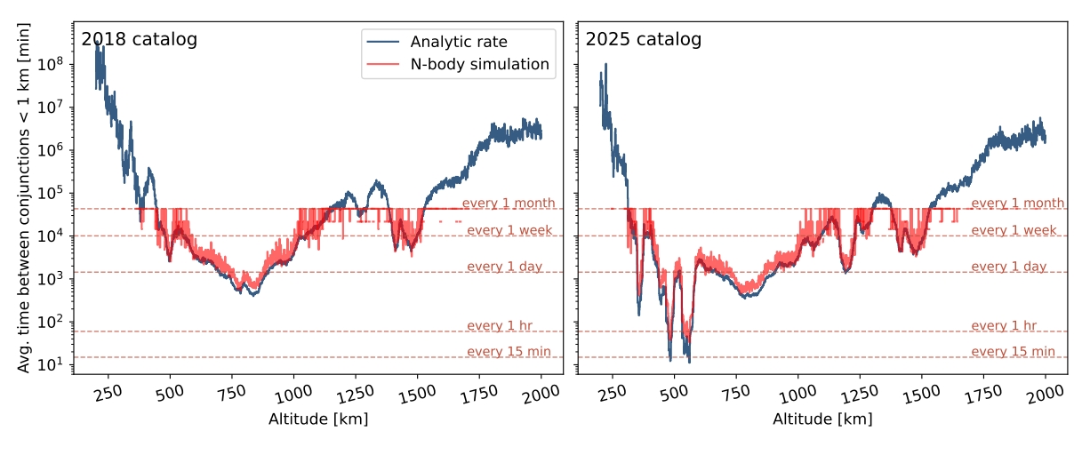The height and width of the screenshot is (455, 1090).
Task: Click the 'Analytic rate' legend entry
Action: click(458, 42)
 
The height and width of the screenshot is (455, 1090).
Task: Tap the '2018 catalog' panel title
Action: click(139, 39)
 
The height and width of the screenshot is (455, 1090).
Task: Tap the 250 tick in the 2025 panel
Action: click(613, 395)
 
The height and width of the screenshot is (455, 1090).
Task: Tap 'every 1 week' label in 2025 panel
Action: click(1014, 230)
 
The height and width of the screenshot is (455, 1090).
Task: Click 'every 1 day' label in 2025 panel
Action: click(1014, 267)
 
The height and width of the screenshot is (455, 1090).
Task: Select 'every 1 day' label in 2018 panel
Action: click(509, 267)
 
